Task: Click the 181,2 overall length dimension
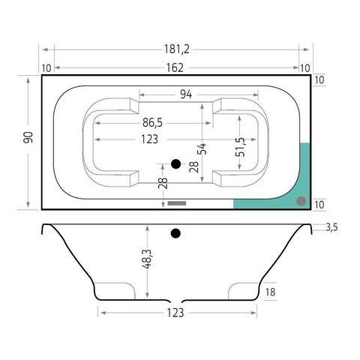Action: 177,49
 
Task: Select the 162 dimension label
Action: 175,67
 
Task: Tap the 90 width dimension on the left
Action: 28,137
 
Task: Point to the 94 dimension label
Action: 186,94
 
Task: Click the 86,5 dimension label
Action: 152,122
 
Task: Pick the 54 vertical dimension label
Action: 202,148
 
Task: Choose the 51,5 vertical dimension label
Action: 240,147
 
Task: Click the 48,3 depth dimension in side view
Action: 147,259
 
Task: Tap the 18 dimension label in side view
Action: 270,292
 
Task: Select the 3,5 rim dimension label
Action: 331,227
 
